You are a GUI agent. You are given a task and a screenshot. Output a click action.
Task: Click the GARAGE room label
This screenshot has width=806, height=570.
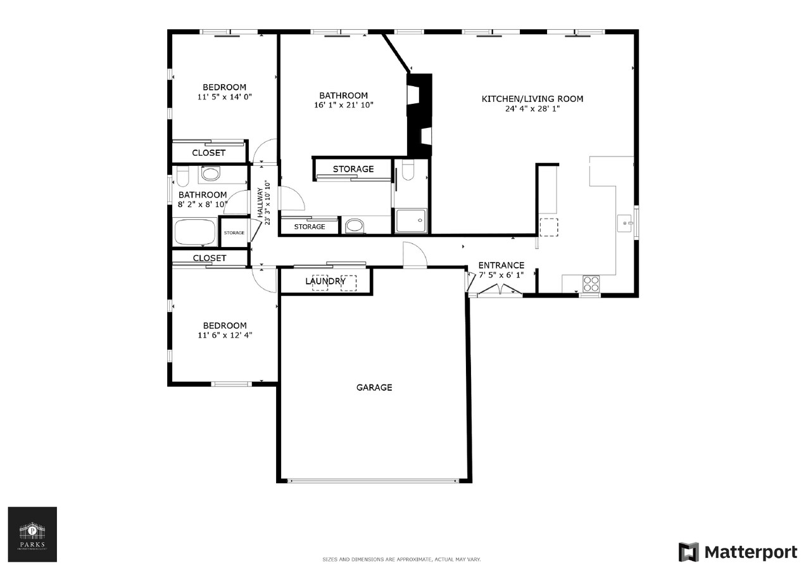point(374,387)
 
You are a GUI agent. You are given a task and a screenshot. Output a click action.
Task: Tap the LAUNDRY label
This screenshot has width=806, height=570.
point(325,281)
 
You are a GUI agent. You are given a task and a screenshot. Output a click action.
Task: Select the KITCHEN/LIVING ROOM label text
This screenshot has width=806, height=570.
point(532,99)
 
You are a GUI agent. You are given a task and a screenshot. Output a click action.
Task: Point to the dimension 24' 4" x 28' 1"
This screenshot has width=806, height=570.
point(532,109)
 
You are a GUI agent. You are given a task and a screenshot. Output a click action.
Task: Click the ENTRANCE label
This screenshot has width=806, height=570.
point(501,265)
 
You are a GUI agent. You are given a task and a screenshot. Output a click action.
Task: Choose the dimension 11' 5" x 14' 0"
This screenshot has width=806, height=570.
point(224,98)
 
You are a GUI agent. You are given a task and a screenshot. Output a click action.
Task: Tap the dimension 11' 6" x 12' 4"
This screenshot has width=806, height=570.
point(225,336)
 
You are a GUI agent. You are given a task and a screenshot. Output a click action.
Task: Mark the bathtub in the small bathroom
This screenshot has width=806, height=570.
point(194,232)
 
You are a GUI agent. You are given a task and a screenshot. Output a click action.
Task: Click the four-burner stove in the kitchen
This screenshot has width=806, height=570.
point(590,284)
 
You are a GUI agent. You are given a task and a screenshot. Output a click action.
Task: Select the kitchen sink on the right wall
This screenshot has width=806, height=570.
point(624,223)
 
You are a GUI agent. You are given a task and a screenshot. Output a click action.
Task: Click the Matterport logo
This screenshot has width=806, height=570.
point(738,552)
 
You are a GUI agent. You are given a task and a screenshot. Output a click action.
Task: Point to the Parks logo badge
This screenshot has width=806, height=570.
point(32,534)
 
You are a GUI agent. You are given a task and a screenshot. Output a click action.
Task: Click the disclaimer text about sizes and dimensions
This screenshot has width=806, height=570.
point(401,560)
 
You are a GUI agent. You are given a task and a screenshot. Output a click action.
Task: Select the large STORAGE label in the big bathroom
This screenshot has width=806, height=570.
point(353,169)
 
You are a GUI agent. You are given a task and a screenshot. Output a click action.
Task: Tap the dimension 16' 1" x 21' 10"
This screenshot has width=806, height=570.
point(344,105)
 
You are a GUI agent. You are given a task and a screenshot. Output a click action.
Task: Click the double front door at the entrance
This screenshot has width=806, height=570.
point(499,291)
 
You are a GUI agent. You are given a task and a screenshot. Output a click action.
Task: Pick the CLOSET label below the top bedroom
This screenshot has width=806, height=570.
point(208,153)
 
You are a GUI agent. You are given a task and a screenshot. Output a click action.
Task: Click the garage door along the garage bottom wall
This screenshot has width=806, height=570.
point(374,481)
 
